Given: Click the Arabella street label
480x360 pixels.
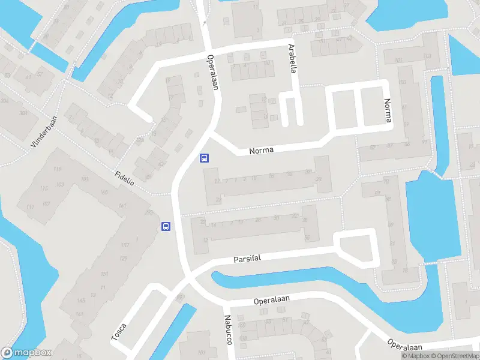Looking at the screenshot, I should pyautogui.click(x=293, y=58).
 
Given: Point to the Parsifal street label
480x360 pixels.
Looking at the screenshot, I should pyautogui.click(x=248, y=259).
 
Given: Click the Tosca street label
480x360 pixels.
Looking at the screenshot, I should pyautogui.click(x=119, y=332).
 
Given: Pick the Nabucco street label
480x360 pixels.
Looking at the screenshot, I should pyautogui.click(x=228, y=329).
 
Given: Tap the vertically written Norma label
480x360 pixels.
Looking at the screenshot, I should pyautogui.click(x=388, y=111).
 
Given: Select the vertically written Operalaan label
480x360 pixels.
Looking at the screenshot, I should pyautogui.click(x=212, y=73).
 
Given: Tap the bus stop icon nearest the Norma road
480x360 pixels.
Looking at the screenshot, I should pyautogui.click(x=204, y=158).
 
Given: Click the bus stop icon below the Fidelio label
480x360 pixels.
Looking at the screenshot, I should pyautogui.click(x=166, y=226).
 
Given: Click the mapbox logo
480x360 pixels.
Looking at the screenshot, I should pyautogui.click(x=27, y=353).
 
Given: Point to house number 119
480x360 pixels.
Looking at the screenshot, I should pyautogui.click(x=58, y=170).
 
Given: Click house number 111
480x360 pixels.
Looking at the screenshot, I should pyautogui.click(x=29, y=207).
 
